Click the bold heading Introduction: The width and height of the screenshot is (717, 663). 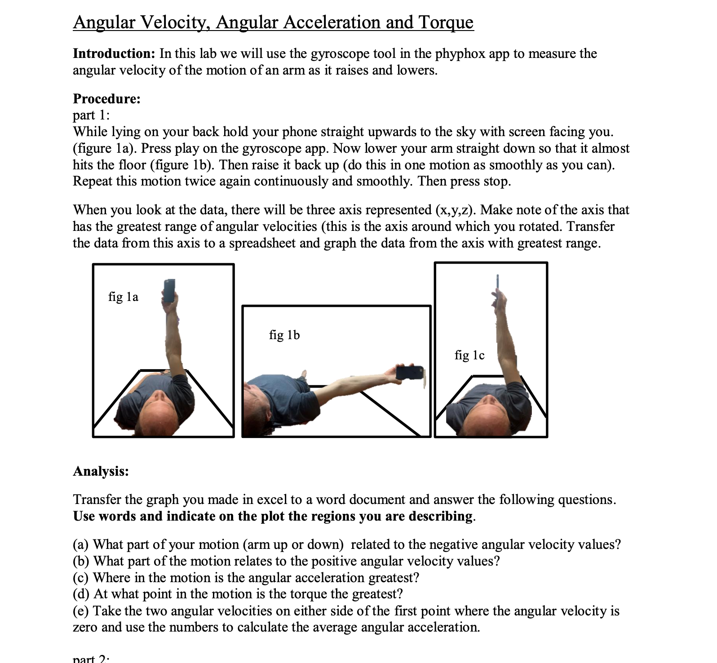tap(114, 53)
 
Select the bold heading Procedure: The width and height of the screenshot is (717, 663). tap(106, 98)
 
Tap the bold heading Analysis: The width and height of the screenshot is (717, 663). tap(101, 471)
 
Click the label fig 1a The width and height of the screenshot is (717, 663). tap(123, 296)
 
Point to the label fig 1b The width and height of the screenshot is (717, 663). tap(284, 335)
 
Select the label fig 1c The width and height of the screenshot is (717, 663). tap(469, 355)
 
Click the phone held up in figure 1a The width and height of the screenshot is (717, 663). tap(169, 290)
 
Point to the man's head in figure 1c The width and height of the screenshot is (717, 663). tap(487, 415)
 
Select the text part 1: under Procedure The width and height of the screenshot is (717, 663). tap(91, 115)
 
